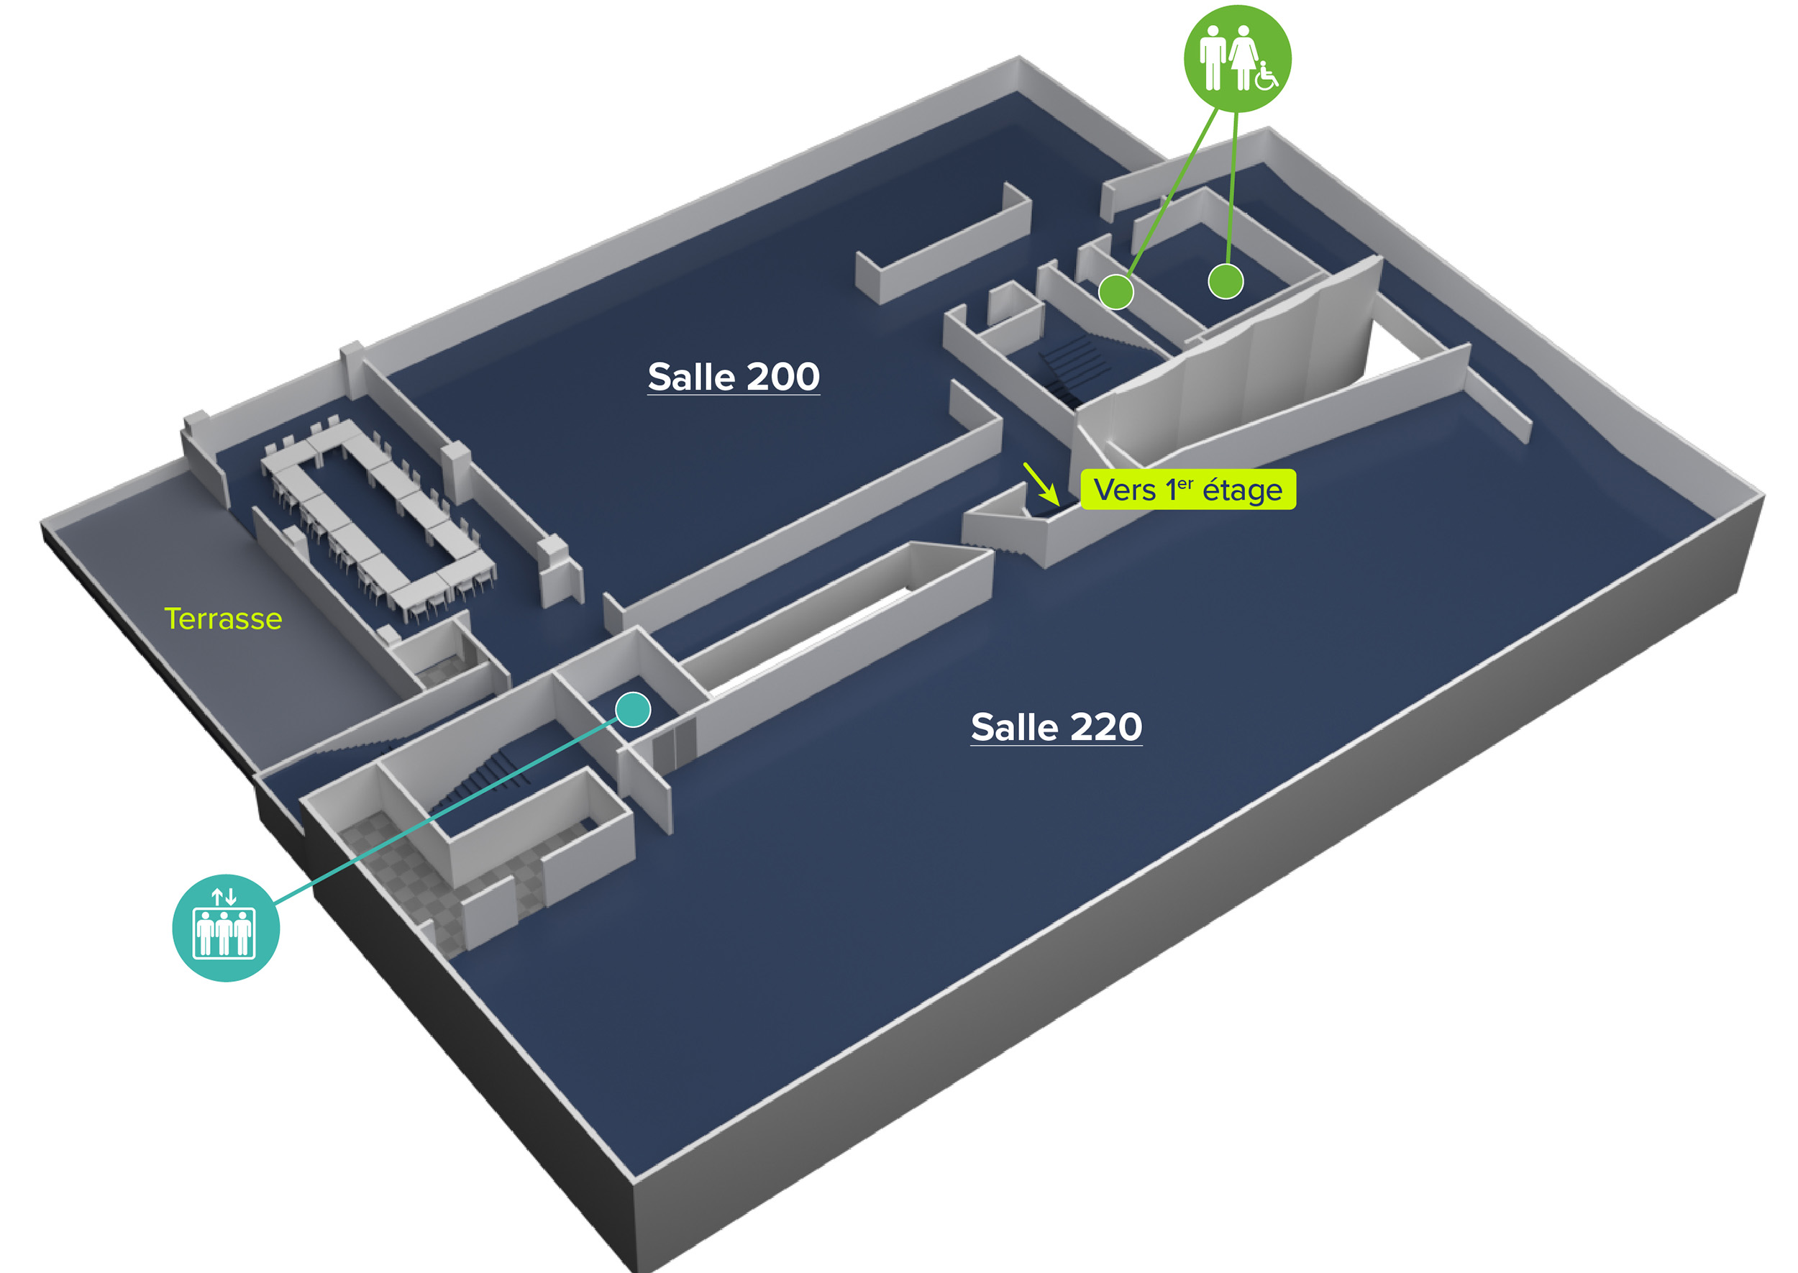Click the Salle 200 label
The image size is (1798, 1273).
pos(733,377)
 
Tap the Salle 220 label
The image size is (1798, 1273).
pos(1056,726)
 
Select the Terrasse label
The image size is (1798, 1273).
pos(223,619)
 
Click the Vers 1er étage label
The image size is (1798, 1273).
pos(1187,490)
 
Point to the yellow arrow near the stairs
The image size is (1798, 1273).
pos(1041,483)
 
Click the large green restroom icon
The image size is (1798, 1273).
pos(1236,58)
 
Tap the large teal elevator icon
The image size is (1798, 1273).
pos(226,927)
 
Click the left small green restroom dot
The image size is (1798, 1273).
pos(1115,291)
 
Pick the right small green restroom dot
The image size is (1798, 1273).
pos(1225,281)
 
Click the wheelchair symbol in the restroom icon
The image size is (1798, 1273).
pos(1266,76)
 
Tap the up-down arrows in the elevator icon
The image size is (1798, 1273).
pos(224,896)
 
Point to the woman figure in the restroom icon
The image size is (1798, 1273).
pos(1242,56)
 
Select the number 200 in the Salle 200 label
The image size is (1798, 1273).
pos(783,377)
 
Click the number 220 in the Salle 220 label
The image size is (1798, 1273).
pos(1106,726)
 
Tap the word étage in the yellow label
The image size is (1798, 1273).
pos(1241,491)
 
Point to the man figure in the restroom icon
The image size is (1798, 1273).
pos(1213,56)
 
